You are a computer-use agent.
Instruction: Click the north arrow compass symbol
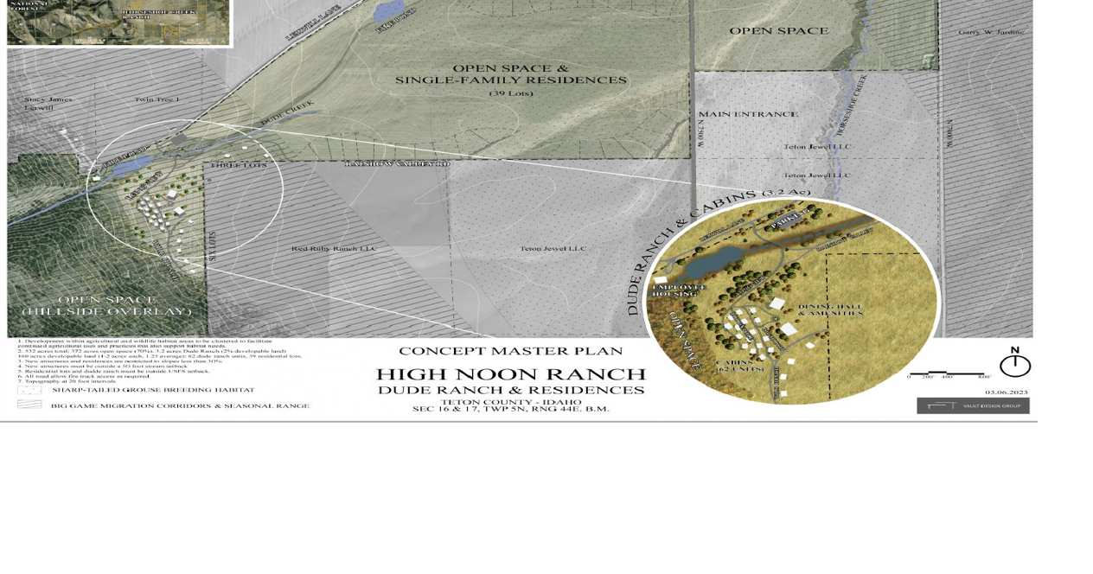pyautogui.click(x=1014, y=363)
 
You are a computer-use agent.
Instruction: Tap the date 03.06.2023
pyautogui.click(x=1007, y=392)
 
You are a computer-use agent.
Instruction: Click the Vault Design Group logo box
pyautogui.click(x=973, y=405)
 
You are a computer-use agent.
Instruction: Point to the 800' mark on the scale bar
pyautogui.click(x=984, y=377)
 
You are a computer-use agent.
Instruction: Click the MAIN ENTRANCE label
pyautogui.click(x=748, y=114)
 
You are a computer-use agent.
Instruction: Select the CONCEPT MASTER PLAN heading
pyautogui.click(x=510, y=351)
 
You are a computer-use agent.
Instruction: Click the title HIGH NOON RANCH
pyautogui.click(x=511, y=374)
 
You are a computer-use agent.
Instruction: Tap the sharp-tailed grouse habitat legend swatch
pyautogui.click(x=29, y=390)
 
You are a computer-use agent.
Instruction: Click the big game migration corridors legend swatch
pyautogui.click(x=29, y=405)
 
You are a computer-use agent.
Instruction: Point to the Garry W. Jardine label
pyautogui.click(x=991, y=32)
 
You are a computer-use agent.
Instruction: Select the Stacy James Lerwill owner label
pyautogui.click(x=48, y=104)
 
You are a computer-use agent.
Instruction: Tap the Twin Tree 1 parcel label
pyautogui.click(x=157, y=99)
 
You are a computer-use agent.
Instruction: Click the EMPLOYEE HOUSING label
pyautogui.click(x=680, y=290)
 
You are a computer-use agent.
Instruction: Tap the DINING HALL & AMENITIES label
pyautogui.click(x=830, y=309)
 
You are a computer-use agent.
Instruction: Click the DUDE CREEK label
pyautogui.click(x=287, y=112)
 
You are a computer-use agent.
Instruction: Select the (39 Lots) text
pyautogui.click(x=511, y=93)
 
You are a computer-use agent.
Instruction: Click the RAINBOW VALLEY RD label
pyautogui.click(x=397, y=163)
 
